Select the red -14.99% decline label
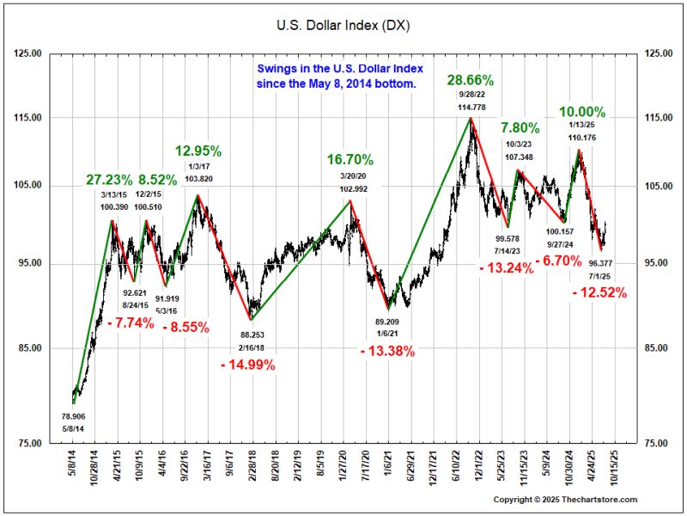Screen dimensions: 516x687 click(247, 365)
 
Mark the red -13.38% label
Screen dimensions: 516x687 click(387, 350)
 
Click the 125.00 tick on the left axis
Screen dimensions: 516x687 click(29, 53)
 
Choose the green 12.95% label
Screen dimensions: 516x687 click(198, 150)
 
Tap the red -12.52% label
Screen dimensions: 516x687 click(599, 292)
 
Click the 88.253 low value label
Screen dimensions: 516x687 click(252, 335)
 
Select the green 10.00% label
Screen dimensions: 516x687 click(583, 112)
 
